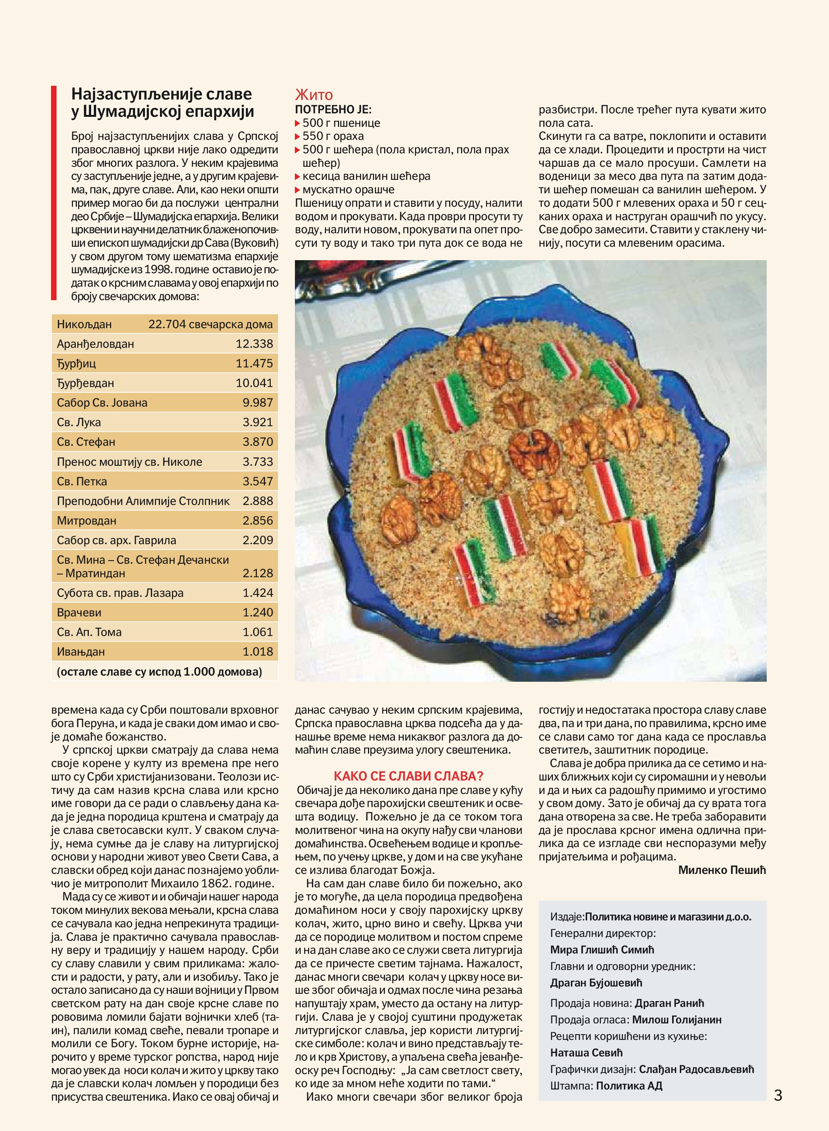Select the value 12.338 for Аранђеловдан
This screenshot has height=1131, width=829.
click(x=255, y=344)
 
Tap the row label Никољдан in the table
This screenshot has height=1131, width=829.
click(x=84, y=324)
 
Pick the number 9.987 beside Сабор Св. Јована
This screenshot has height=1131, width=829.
click(x=258, y=402)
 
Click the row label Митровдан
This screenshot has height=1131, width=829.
click(x=86, y=521)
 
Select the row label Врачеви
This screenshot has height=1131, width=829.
click(x=79, y=613)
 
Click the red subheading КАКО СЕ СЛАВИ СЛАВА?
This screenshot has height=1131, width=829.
click(x=408, y=776)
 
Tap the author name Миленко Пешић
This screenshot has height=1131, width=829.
click(x=722, y=870)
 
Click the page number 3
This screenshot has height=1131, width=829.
click(x=778, y=1094)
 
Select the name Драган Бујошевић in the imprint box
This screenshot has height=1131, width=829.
click(x=596, y=983)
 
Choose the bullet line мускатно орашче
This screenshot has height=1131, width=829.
click(x=348, y=189)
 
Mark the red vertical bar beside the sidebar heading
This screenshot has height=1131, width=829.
click(x=54, y=193)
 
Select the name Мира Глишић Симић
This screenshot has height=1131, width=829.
click(x=602, y=950)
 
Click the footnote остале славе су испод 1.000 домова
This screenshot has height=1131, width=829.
click(x=160, y=672)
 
